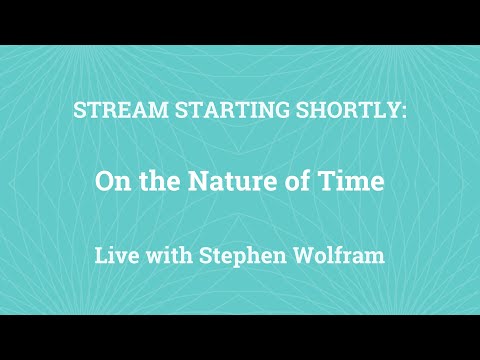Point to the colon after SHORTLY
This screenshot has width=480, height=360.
(x=403, y=110)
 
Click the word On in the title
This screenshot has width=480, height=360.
(x=110, y=182)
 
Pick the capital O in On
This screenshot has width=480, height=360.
(x=103, y=182)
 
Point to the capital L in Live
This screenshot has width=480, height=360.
(x=99, y=254)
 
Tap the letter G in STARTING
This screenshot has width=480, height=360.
(x=248, y=109)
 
